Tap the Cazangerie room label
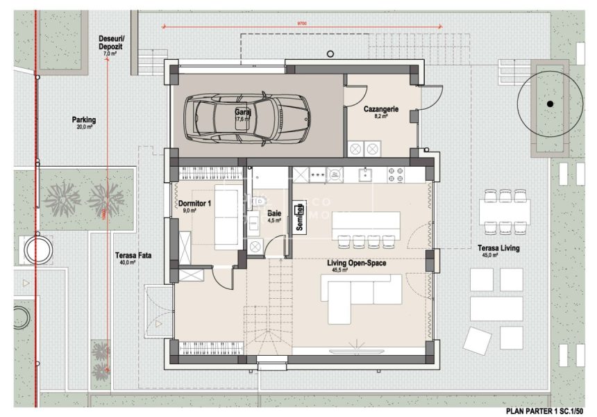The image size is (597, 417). [x=380, y=109]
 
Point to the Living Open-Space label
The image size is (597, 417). [x=357, y=263]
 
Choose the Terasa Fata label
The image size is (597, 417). [x=133, y=256]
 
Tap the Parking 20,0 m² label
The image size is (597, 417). [x=84, y=120]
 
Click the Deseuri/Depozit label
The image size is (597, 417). [x=110, y=42]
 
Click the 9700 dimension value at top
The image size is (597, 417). [x=303, y=24]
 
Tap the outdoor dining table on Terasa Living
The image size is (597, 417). [x=504, y=209]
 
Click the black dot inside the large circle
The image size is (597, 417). [x=550, y=104]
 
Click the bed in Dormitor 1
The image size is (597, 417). [x=226, y=215]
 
